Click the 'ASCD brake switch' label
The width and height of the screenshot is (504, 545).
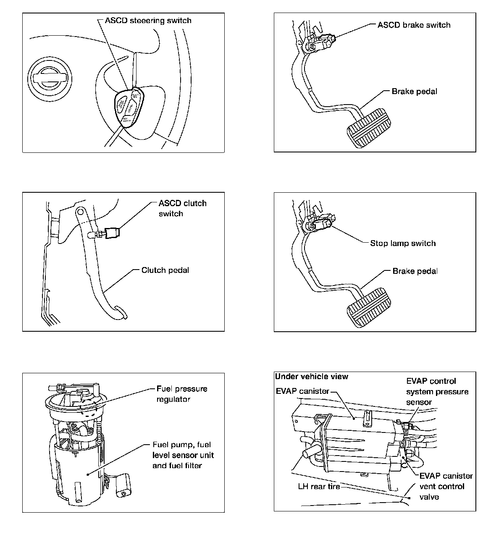point(414,25)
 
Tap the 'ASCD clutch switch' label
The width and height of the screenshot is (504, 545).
point(182,208)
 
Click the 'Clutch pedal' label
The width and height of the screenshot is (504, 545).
point(165,270)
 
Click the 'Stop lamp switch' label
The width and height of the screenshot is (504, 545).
point(403,243)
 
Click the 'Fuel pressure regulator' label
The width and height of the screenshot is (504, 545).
point(181,394)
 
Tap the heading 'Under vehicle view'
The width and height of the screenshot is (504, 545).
point(312,377)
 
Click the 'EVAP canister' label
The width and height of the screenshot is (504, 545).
point(302,391)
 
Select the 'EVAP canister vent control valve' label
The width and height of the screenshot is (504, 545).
point(446,486)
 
